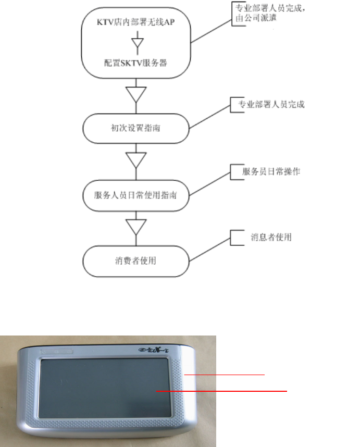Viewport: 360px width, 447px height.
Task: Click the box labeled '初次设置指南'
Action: coord(136,127)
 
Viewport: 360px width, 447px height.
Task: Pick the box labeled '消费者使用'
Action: coord(136,260)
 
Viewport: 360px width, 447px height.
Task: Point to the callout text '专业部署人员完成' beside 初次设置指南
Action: coord(274,104)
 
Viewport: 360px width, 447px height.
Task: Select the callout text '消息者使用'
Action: coord(270,237)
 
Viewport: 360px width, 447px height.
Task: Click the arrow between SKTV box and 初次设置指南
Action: coord(136,96)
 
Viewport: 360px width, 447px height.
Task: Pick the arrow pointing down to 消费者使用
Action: coord(136,227)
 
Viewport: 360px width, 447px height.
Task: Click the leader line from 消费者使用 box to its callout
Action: coord(208,250)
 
